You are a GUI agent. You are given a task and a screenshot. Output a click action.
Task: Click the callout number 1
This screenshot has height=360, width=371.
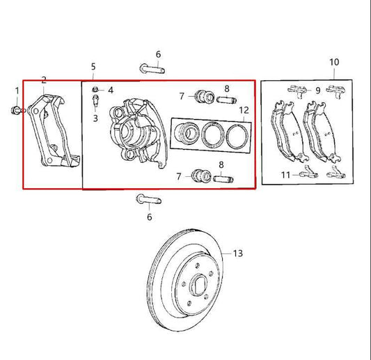pos(17,91)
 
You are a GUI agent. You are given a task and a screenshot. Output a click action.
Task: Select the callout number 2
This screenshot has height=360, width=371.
pos(44,80)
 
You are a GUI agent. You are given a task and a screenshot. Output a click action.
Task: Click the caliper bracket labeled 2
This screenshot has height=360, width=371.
pos(55,131)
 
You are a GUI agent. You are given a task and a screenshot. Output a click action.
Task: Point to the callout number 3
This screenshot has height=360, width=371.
pos(95,118)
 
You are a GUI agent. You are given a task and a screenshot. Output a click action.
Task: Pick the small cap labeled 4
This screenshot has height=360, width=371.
pos(95,90)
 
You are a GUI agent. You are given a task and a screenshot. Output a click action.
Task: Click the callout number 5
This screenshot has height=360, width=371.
pos(93,67)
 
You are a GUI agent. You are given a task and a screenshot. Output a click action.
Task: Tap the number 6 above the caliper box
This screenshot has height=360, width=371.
pos(158,54)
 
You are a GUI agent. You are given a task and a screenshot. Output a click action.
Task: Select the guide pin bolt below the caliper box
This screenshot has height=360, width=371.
pos(149,200)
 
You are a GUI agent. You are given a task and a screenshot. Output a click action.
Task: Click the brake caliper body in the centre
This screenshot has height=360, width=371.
pos(139,133)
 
